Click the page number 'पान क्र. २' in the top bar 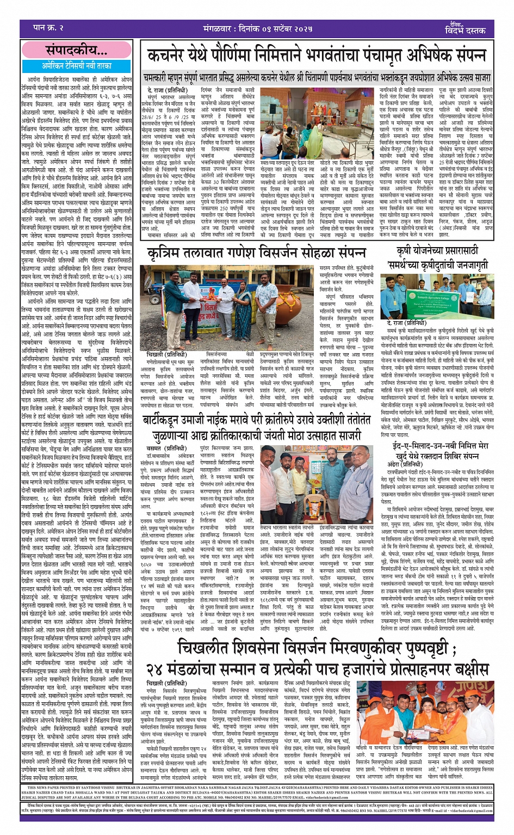pos(48,28)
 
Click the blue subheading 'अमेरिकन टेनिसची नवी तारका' pos(77,65)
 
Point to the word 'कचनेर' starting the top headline pos(169,56)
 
